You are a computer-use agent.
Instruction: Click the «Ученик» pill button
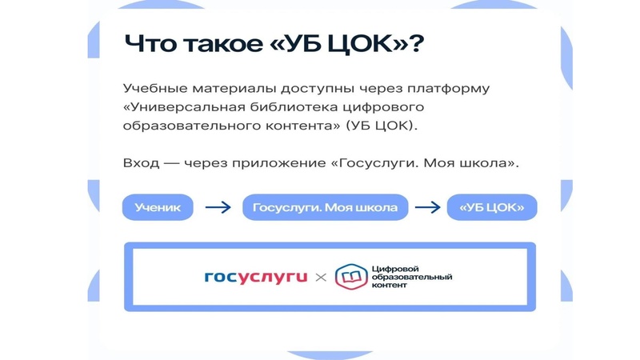tap(158, 208)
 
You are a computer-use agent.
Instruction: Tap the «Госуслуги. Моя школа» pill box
tap(325, 208)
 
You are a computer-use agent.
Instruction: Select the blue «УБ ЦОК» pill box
tap(492, 208)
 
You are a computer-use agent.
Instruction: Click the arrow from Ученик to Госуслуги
tap(218, 208)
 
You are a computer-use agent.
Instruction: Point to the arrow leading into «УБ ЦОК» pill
tap(428, 208)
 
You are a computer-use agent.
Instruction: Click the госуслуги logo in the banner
tap(256, 278)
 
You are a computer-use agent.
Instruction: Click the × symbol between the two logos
tap(320, 278)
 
